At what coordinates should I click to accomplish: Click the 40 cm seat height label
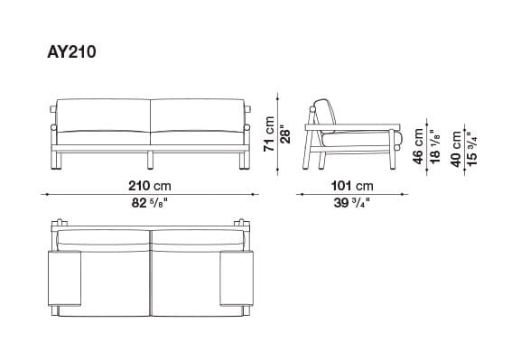pyautogui.click(x=456, y=147)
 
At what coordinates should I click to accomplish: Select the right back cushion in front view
pyautogui.click(x=199, y=120)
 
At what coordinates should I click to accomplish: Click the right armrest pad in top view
pyautogui.click(x=237, y=282)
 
